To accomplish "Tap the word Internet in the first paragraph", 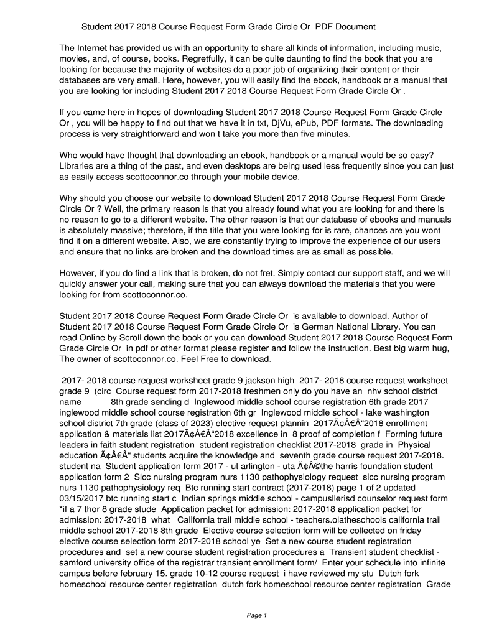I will click(95, 48).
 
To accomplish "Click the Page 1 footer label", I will click(256, 616).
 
